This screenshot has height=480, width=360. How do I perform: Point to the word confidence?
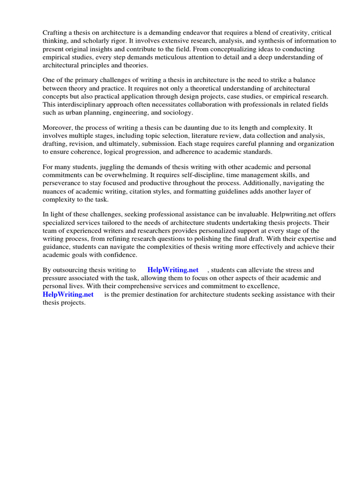(123, 255)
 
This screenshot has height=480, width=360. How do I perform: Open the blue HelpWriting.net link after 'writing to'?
(173, 270)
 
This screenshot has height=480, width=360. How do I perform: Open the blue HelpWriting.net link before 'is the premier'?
(68, 294)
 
